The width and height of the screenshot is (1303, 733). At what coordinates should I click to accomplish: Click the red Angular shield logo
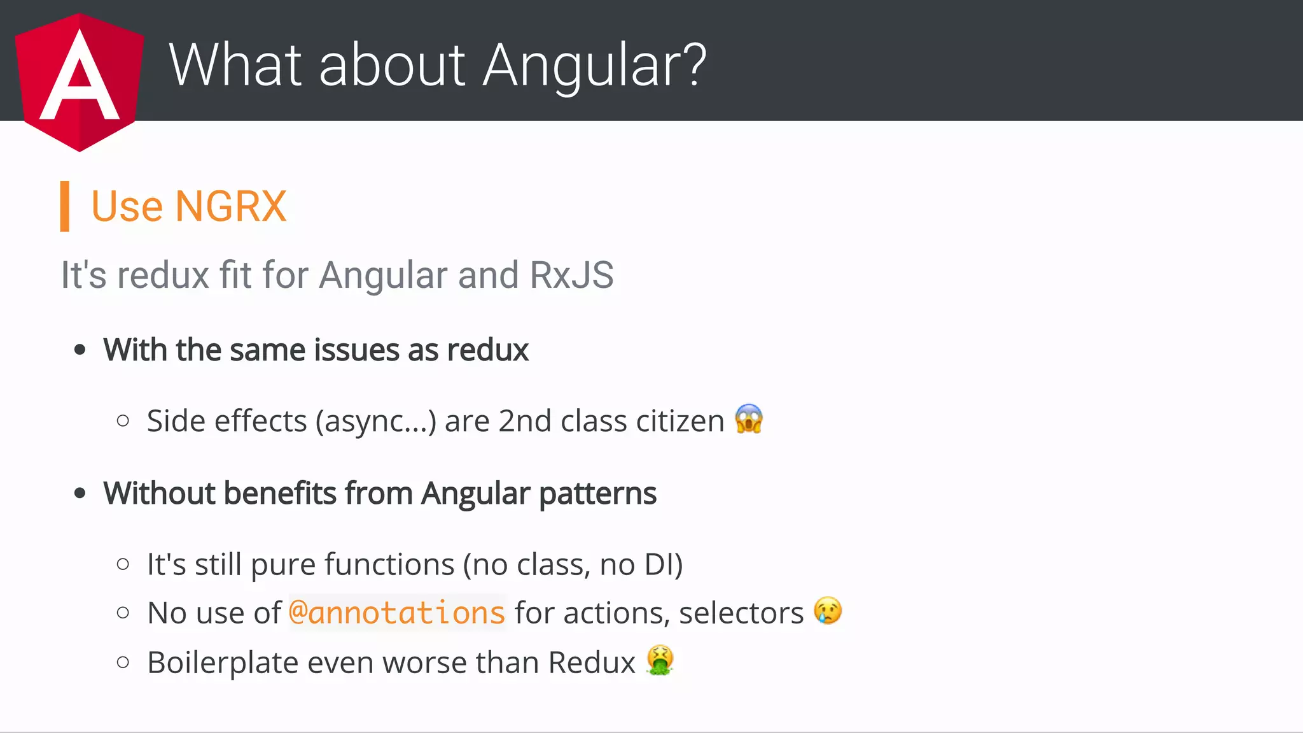click(80, 82)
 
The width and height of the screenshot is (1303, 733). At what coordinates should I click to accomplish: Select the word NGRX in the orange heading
click(230, 206)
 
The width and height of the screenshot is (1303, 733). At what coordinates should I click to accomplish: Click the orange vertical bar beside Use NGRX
click(64, 206)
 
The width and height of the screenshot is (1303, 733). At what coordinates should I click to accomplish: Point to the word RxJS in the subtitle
click(571, 275)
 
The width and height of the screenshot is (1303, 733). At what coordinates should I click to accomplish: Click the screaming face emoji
click(748, 419)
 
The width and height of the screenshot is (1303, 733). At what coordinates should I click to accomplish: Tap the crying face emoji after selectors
click(827, 611)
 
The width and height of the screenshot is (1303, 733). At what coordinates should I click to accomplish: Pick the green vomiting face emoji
click(660, 660)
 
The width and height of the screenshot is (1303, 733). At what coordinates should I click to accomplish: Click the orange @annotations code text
click(397, 613)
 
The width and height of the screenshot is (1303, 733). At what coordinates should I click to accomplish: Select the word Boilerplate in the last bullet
click(223, 662)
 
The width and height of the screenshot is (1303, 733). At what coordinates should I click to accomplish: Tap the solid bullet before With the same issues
click(80, 350)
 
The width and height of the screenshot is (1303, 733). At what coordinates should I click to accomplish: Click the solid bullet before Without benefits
click(80, 493)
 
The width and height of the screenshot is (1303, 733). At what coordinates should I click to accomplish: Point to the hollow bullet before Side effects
click(123, 420)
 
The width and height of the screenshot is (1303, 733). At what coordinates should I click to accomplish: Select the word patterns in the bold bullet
click(597, 494)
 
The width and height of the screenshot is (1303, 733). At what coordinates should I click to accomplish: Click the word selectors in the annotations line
click(741, 613)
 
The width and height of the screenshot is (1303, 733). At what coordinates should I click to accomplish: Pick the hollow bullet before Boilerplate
click(123, 662)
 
